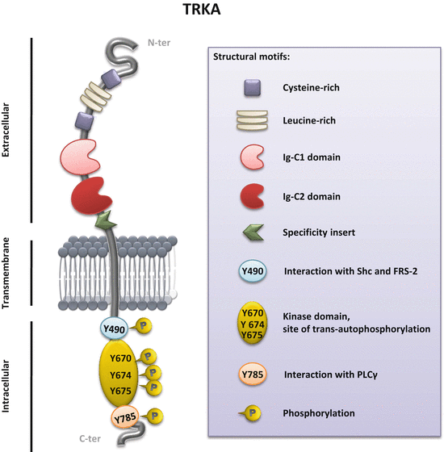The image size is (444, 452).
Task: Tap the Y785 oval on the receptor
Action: [124, 417]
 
